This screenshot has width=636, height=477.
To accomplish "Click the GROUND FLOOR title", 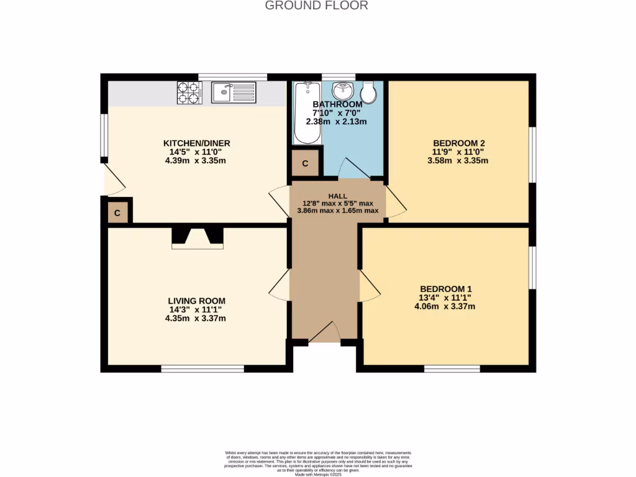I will coord(317,6).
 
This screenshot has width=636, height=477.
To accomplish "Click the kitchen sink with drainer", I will coord(234,93).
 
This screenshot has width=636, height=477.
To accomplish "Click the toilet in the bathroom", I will coord(368,93).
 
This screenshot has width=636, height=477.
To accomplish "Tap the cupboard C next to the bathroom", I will coord(305,164).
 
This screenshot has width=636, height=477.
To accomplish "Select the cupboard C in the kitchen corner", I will coord(118,213).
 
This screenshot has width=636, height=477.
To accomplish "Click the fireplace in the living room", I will coord(197,238).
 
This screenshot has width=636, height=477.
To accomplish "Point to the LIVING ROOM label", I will coord(195,301).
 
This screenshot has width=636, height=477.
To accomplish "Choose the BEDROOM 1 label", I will coord(445,289).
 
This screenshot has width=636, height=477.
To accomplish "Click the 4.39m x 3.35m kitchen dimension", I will coord(194,161).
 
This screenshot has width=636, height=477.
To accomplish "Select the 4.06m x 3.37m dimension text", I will coord(445,306).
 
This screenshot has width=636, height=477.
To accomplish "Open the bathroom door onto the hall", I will coord(352,169).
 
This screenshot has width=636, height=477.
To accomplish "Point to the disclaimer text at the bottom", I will coord(318,463).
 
